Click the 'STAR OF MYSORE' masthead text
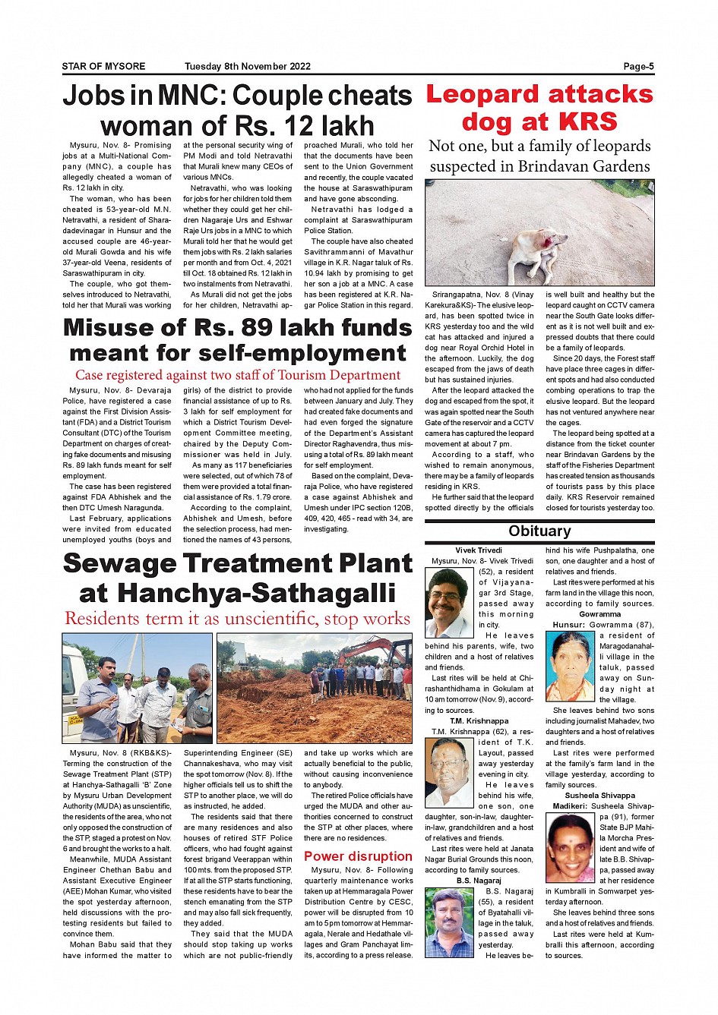point(103,67)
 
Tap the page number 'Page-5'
point(638,67)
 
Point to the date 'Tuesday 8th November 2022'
point(248,67)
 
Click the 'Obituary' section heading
point(539,531)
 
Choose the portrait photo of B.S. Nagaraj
point(450,922)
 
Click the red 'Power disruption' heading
point(358,856)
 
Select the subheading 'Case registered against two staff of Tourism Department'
point(237,375)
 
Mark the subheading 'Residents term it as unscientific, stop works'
point(237,619)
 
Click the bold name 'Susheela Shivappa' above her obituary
point(599,796)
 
